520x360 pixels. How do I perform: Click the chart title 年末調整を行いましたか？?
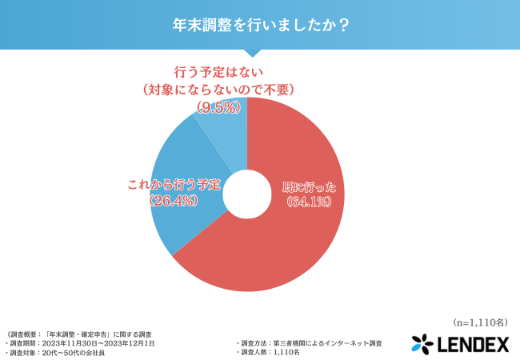click(259, 24)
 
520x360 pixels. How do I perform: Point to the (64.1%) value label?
click(310, 203)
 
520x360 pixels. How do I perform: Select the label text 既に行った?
click(310, 188)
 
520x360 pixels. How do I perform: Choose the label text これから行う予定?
click(174, 185)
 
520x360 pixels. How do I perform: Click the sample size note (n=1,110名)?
click(480, 323)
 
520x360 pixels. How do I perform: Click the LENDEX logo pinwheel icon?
click(422, 344)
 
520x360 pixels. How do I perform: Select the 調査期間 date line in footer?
click(80, 342)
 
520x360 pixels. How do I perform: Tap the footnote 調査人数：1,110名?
click(272, 352)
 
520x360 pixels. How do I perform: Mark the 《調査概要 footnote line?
click(80, 333)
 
